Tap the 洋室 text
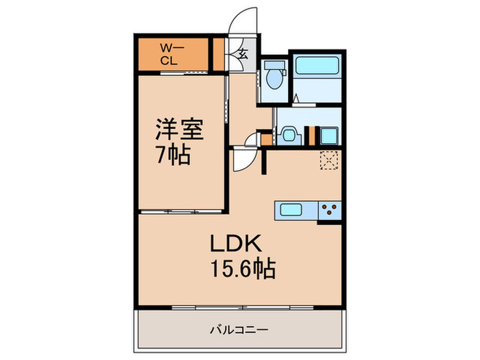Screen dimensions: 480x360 (x=180, y=129)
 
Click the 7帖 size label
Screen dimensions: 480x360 (x=173, y=154)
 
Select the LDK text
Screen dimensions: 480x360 (x=235, y=243)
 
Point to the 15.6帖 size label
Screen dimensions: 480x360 (x=243, y=269)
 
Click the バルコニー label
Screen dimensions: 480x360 (x=239, y=330)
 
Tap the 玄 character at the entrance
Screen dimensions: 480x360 (x=243, y=54)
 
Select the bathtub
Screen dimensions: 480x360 (x=317, y=65)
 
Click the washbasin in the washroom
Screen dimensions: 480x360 (x=289, y=134)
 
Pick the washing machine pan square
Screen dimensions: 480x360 (x=328, y=135)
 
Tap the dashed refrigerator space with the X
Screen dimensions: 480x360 (x=329, y=160)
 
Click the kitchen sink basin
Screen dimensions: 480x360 (x=291, y=210)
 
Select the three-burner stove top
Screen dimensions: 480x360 (x=330, y=210)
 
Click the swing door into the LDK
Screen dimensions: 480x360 (x=244, y=159)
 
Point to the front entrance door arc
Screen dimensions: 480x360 (x=242, y=20)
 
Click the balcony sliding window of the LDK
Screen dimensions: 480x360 (x=243, y=307)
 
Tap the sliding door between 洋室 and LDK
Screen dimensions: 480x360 (x=181, y=211)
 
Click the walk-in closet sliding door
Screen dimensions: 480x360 (x=184, y=73)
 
